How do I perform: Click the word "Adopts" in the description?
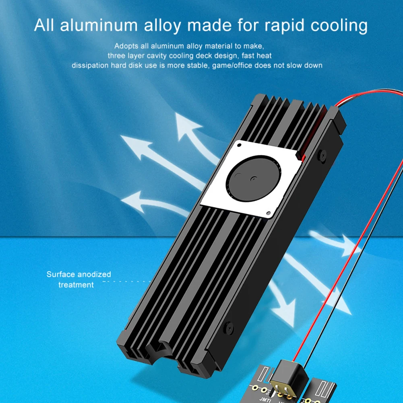(x=126, y=46)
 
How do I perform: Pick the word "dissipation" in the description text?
(x=90, y=65)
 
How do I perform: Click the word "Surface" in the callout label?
(x=60, y=275)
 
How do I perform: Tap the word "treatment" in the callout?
(x=76, y=285)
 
